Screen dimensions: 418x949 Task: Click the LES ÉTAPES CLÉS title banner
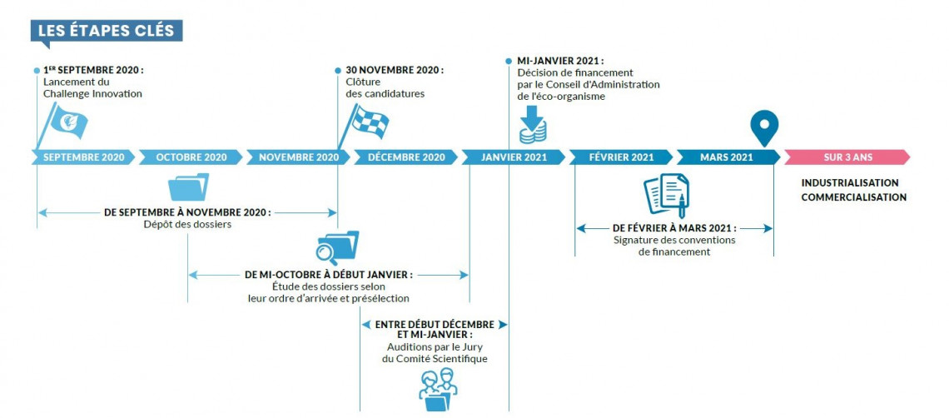click(106, 31)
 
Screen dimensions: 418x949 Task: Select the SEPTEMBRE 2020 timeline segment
click(83, 157)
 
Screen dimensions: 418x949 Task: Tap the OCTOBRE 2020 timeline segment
click(191, 157)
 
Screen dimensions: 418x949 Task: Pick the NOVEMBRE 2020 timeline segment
click(298, 157)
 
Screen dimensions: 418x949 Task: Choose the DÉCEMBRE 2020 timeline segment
click(405, 157)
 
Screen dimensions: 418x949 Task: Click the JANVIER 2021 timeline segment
click(514, 157)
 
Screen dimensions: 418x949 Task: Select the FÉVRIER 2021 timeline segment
click(621, 157)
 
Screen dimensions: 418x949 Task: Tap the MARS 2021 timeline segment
click(727, 157)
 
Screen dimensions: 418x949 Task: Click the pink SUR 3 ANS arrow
click(847, 157)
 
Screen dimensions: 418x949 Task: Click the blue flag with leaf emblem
click(67, 123)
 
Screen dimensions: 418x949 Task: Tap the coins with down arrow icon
click(532, 126)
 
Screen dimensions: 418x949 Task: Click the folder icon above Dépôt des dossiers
click(188, 187)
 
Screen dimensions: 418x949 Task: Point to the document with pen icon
click(667, 195)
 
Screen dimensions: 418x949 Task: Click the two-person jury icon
click(438, 388)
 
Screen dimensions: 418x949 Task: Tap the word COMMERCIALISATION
click(853, 197)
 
